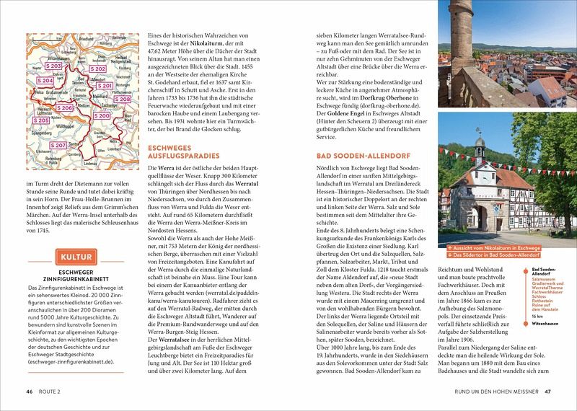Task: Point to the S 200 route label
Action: coord(103,115)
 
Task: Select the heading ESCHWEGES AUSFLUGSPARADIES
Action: coord(183,153)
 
